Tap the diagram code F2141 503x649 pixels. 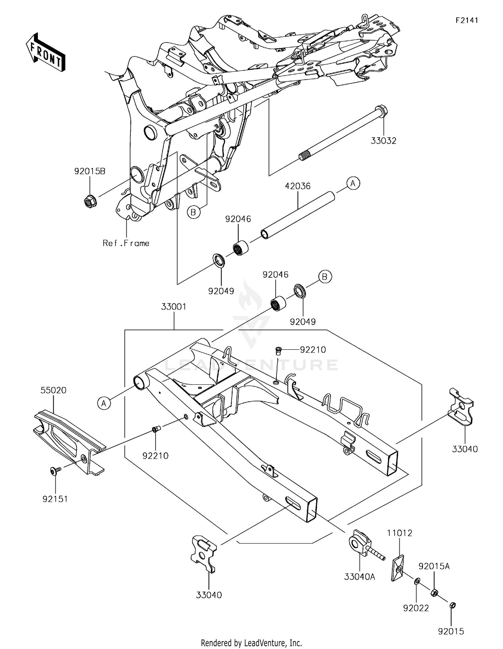coord(466,20)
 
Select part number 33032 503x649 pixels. coord(383,141)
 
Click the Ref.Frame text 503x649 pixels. coord(126,243)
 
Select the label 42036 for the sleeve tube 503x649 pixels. coord(298,186)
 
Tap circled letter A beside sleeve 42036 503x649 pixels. coord(353,183)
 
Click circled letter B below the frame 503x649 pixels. coord(193,212)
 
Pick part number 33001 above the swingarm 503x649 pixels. coord(173,306)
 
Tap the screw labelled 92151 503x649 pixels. coord(54,471)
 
